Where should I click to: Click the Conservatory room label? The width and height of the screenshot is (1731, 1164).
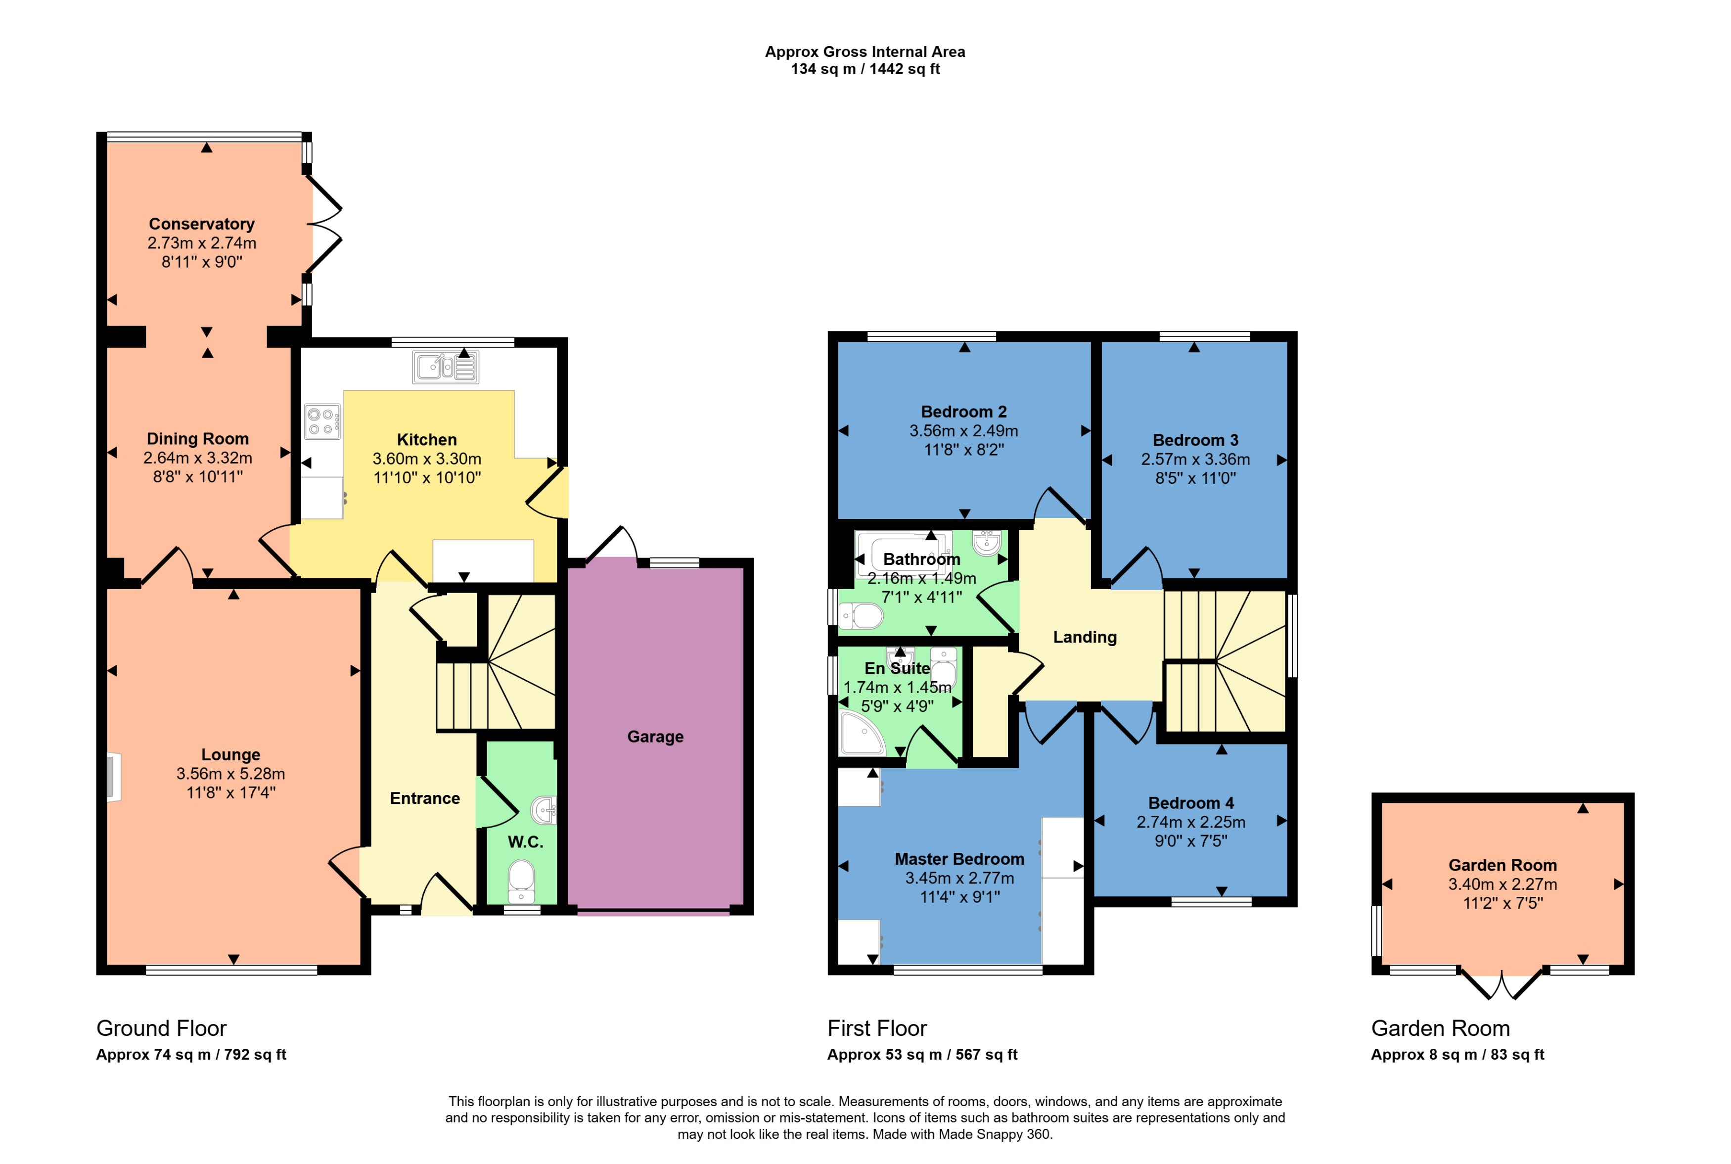point(201,224)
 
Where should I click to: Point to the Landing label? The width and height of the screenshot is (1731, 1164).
point(1084,637)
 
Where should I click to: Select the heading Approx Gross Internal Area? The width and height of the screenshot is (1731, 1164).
point(865,52)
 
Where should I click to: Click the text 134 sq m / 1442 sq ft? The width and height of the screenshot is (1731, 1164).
point(865,69)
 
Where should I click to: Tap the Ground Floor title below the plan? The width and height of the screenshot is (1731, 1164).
point(161,1028)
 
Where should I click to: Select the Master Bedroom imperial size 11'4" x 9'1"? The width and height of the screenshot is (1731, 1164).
point(959,897)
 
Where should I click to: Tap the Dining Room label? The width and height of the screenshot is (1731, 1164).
point(197,439)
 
